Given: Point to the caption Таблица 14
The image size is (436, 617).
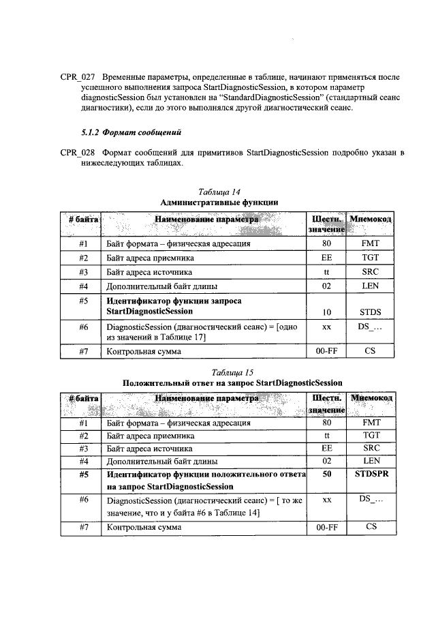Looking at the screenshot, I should coord(218,192).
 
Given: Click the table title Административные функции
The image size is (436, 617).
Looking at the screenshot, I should coord(219,202).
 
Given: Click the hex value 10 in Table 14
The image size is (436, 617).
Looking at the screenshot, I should coord(327,312).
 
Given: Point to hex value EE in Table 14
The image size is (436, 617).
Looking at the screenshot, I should coord(327,258).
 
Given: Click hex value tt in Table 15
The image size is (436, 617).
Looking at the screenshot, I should coord(327,436).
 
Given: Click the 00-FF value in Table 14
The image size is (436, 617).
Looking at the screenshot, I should coord(327,352).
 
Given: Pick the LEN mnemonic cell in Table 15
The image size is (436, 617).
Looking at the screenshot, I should coord(371,461).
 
